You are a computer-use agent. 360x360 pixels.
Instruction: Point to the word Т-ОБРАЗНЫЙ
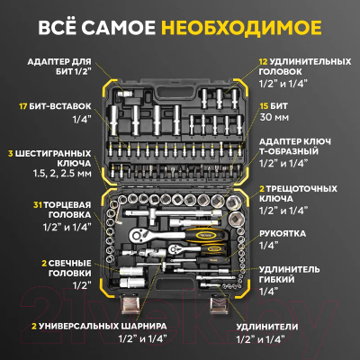point(289,153)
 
